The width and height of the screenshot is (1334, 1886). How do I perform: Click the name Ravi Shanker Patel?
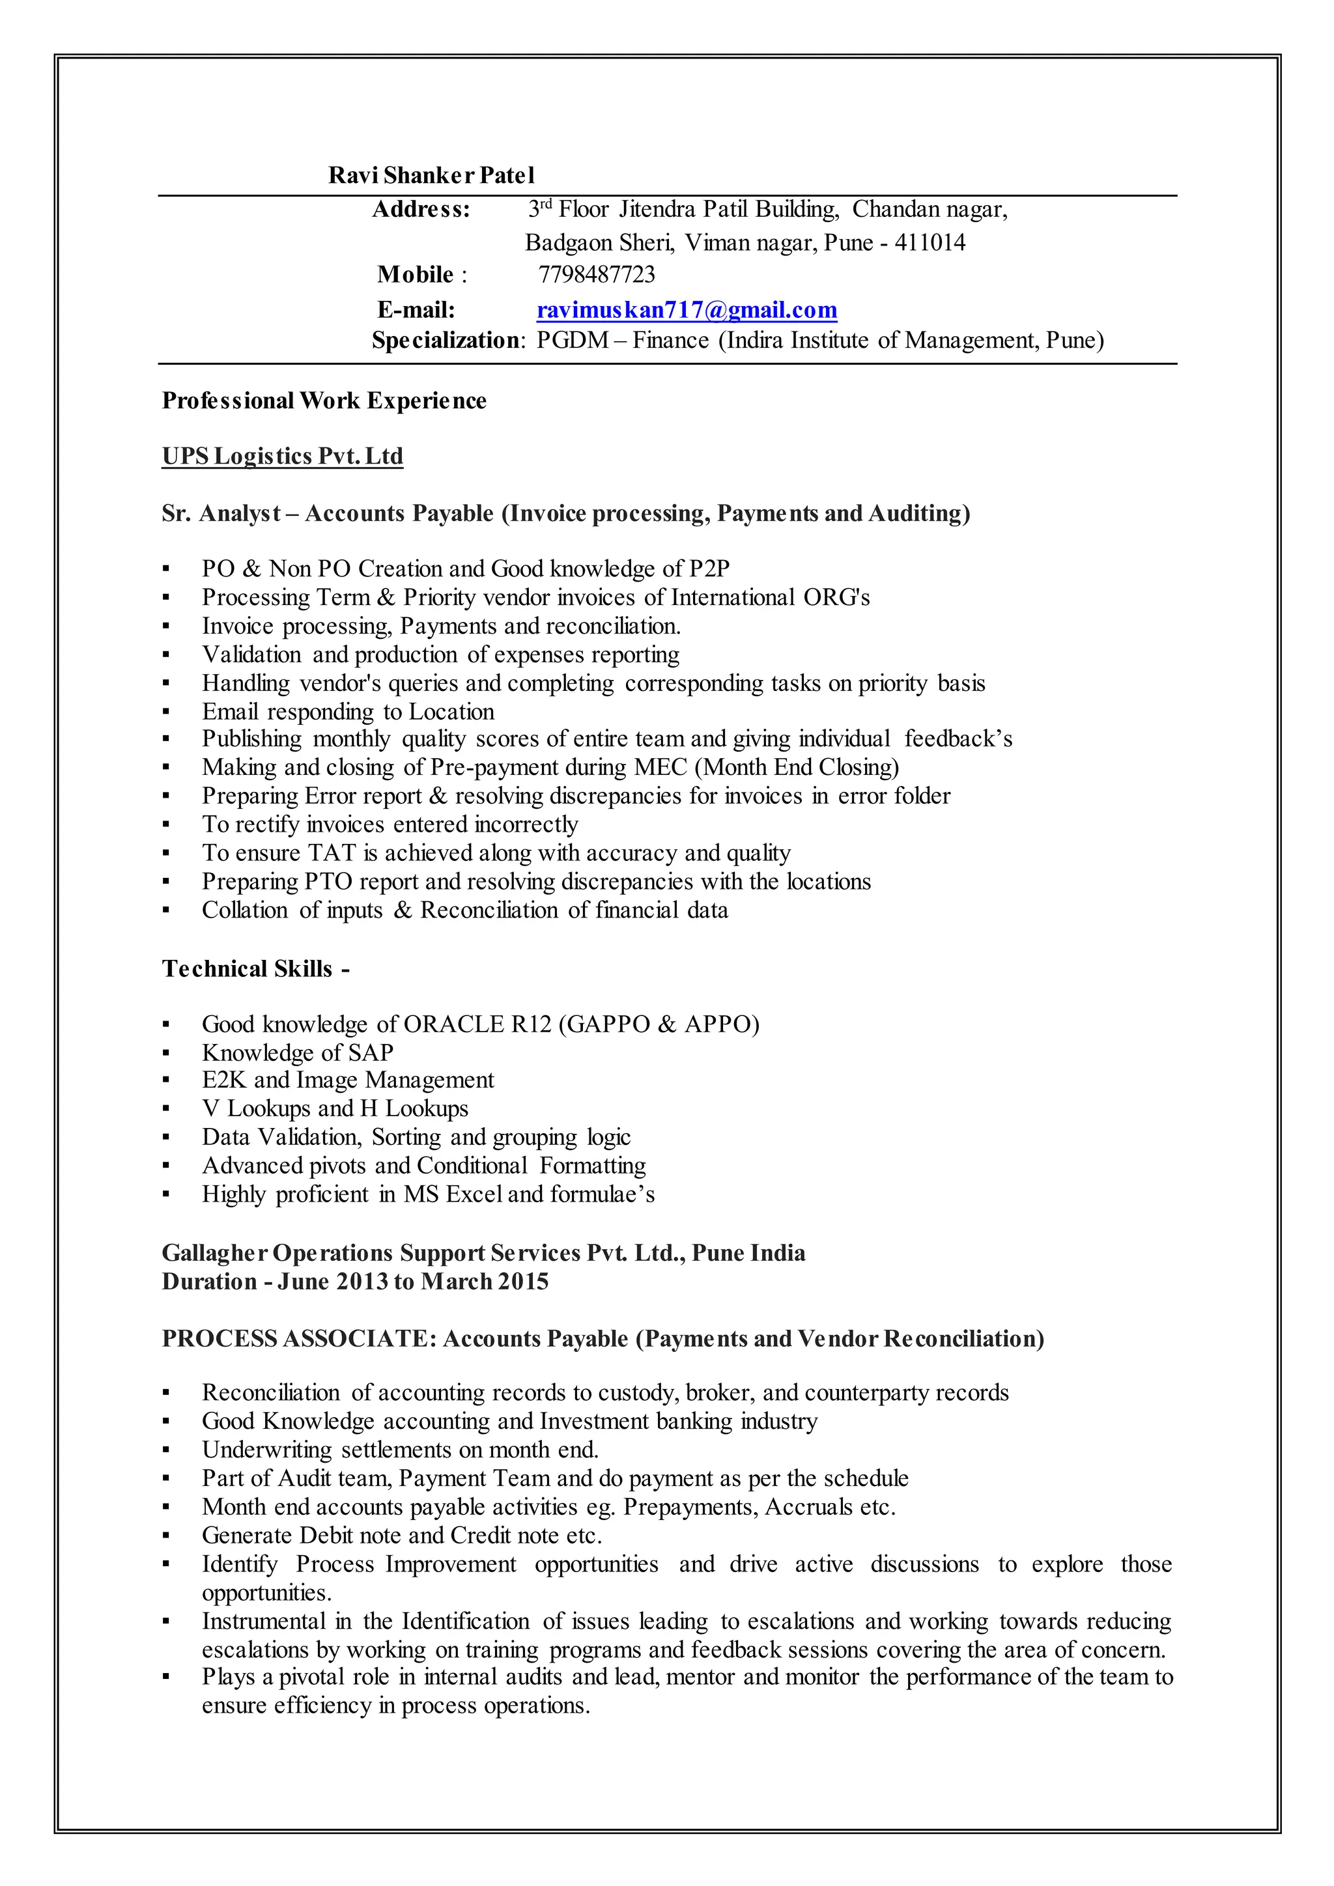pyautogui.click(x=431, y=175)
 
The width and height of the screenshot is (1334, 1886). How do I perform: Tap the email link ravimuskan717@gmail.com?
pyautogui.click(x=687, y=310)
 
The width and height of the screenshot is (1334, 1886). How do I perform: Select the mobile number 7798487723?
pyautogui.click(x=597, y=274)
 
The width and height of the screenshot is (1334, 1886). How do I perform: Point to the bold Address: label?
pyautogui.click(x=421, y=210)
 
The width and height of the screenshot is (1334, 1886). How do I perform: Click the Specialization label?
pyautogui.click(x=446, y=340)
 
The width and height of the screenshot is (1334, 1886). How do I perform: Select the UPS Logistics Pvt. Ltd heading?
pyautogui.click(x=283, y=456)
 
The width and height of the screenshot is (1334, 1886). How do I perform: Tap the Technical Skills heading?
pyautogui.click(x=255, y=968)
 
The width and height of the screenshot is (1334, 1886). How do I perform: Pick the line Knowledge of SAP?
pyautogui.click(x=298, y=1052)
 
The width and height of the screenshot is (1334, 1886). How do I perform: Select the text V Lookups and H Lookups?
pyautogui.click(x=335, y=1109)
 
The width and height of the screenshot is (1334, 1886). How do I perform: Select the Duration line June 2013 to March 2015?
pyautogui.click(x=355, y=1282)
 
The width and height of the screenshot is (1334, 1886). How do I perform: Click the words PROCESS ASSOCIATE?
pyautogui.click(x=294, y=1339)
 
